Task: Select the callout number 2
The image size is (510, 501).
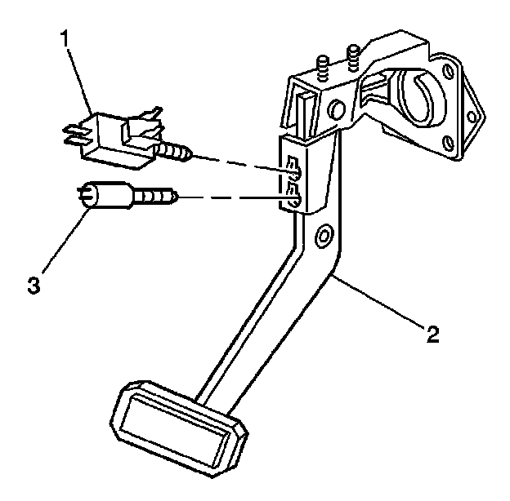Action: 432,333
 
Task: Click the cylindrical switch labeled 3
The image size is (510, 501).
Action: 105,195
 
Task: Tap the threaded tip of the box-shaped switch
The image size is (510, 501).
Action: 179,151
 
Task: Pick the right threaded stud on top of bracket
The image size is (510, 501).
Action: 354,58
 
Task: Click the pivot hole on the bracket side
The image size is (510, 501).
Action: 335,108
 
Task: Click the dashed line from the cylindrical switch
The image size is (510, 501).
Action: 229,197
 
